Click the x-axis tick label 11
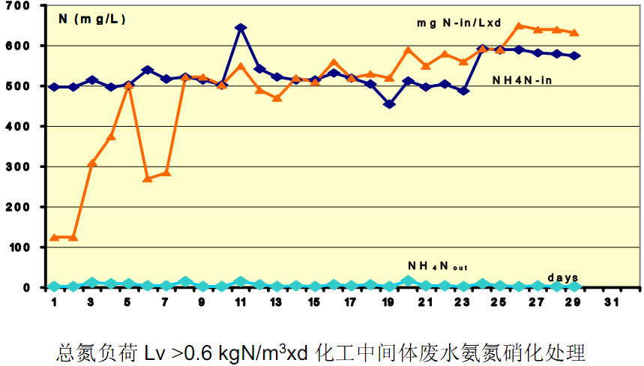[x=240, y=302]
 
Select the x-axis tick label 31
[x=612, y=302]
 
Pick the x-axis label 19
[x=388, y=302]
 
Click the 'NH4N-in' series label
[x=523, y=80]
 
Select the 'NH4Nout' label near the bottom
[x=438, y=265]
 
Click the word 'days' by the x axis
[x=562, y=277]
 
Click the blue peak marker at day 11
[x=241, y=28]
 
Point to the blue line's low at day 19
[x=389, y=104]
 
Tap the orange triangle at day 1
[x=55, y=237]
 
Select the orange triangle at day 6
[x=148, y=178]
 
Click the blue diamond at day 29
[x=574, y=55]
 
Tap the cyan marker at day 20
[x=407, y=280]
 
